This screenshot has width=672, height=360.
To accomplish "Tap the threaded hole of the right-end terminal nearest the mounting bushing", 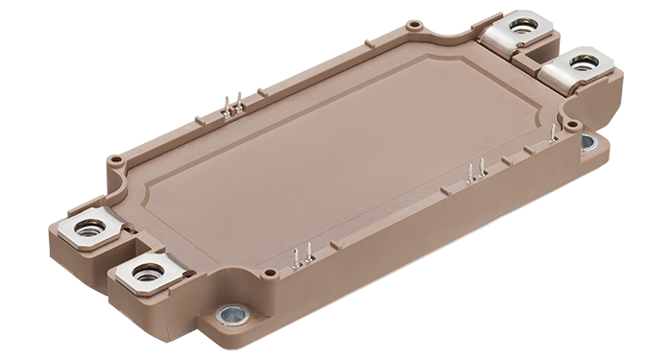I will (583, 64).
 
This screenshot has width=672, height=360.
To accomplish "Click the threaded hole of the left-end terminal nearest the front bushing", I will (149, 272).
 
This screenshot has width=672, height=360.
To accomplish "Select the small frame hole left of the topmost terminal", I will (413, 24).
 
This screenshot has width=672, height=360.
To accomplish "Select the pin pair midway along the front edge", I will (471, 173).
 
